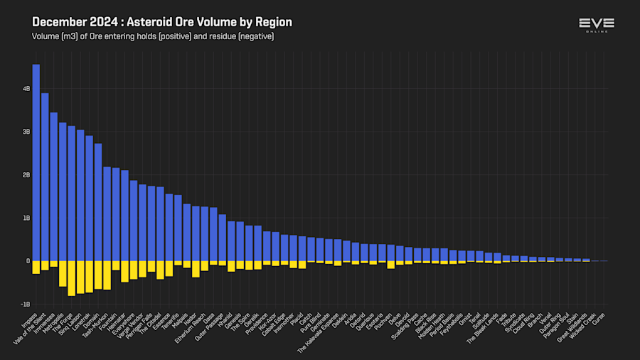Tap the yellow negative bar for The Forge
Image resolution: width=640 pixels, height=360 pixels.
click(71, 277)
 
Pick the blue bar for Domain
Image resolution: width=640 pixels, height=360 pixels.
click(98, 202)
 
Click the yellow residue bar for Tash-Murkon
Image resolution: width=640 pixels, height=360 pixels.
click(107, 275)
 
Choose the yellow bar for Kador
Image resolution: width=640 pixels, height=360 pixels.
click(196, 268)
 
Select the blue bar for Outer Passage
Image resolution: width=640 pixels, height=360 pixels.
click(222, 238)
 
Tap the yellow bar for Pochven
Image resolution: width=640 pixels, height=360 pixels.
click(390, 264)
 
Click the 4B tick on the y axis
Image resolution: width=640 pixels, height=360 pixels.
click(26, 89)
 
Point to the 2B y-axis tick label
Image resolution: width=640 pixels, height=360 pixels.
click(26, 175)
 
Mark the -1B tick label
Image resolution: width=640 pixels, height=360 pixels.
click(26, 304)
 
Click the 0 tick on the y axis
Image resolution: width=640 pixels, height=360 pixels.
click(28, 261)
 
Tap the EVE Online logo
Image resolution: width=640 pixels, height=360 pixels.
click(596, 26)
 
